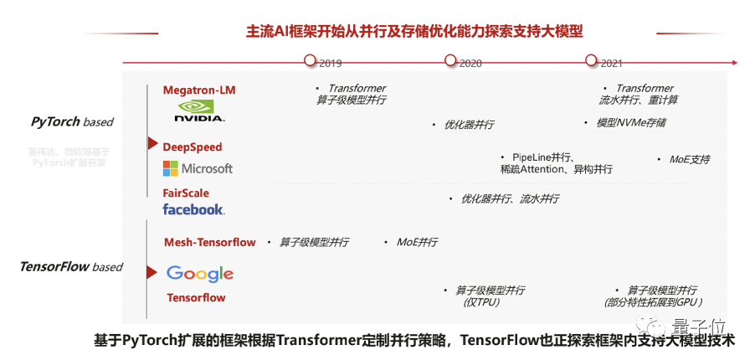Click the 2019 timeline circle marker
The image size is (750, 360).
[310, 60]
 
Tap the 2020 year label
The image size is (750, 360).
[470, 63]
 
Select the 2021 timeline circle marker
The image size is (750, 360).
[591, 60]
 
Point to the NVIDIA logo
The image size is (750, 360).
[199, 111]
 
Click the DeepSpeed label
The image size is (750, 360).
[193, 147]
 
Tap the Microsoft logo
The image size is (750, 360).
[198, 168]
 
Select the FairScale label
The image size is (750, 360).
[186, 193]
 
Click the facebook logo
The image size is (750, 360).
[193, 209]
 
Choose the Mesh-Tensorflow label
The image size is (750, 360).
[210, 243]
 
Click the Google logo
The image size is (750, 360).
[199, 273]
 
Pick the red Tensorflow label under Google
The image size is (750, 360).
[196, 297]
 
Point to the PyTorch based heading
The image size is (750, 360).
[72, 121]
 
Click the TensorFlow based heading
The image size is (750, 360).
[71, 267]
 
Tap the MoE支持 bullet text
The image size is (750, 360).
[689, 159]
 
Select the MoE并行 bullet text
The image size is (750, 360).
[417, 242]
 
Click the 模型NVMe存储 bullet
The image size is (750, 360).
[630, 122]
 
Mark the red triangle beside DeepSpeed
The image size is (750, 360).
[152, 144]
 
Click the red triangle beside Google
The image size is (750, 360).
[152, 272]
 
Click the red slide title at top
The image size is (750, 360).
[414, 31]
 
